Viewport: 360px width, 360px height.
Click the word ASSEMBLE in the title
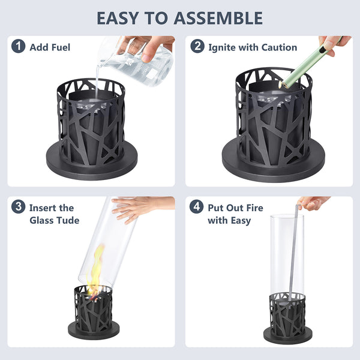pyautogui.click(x=218, y=18)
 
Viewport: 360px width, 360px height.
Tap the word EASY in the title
pyautogui.click(x=118, y=18)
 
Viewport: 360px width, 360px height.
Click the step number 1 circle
pyautogui.click(x=19, y=46)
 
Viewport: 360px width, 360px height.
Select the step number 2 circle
pyautogui.click(x=197, y=46)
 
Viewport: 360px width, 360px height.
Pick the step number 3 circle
pyautogui.click(x=19, y=206)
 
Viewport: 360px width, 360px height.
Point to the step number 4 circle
pyautogui.click(x=197, y=206)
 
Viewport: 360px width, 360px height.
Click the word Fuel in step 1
pyautogui.click(x=61, y=47)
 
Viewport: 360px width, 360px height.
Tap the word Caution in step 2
pyautogui.click(x=280, y=47)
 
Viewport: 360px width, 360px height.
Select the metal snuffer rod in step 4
pyautogui.click(x=294, y=253)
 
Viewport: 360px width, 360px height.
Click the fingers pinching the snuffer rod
pyautogui.click(x=312, y=203)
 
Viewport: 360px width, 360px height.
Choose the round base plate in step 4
pyautogui.click(x=287, y=335)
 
